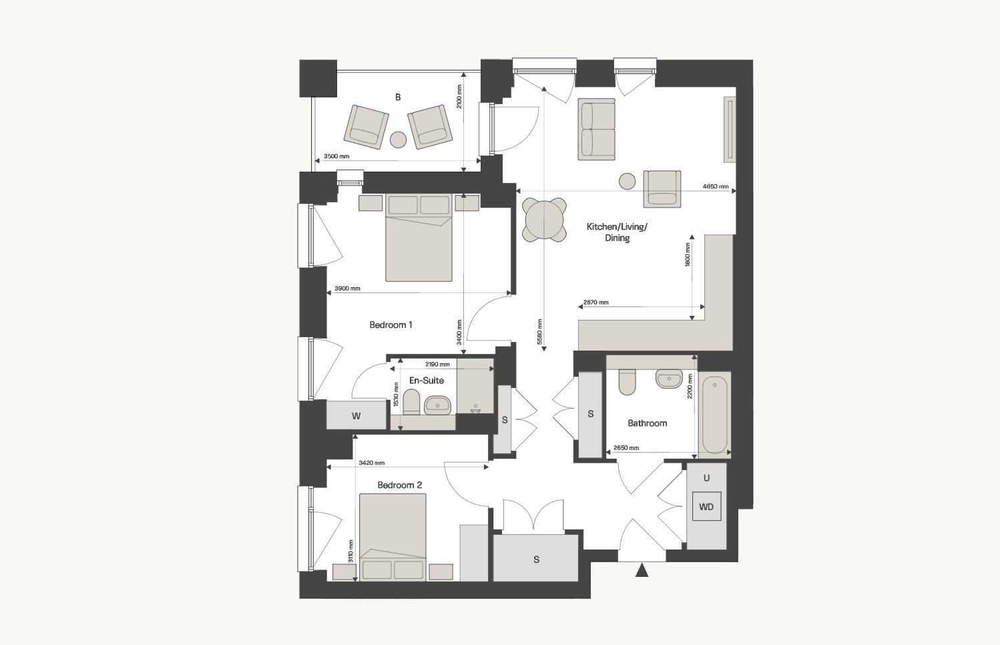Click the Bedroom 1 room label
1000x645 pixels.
point(391,325)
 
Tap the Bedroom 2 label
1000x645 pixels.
point(400,485)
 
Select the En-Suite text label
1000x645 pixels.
point(427,380)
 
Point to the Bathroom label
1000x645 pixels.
point(648,423)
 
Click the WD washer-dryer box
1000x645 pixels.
point(706,507)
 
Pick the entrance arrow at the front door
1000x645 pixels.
point(642,570)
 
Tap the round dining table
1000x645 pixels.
point(544,220)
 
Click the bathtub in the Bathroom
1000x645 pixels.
point(714,415)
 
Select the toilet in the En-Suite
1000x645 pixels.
point(411,401)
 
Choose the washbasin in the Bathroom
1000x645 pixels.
point(669,379)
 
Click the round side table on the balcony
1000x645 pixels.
point(399,140)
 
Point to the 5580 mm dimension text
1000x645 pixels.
point(539,331)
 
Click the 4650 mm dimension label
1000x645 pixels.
point(715,186)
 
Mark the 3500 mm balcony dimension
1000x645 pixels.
point(336,156)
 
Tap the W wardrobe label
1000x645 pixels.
point(356,416)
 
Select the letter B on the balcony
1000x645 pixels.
point(398,97)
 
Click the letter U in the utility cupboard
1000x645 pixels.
point(706,478)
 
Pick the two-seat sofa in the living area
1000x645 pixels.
point(596,129)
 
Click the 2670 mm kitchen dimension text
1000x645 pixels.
point(596,302)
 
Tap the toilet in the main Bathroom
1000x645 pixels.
point(628,382)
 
